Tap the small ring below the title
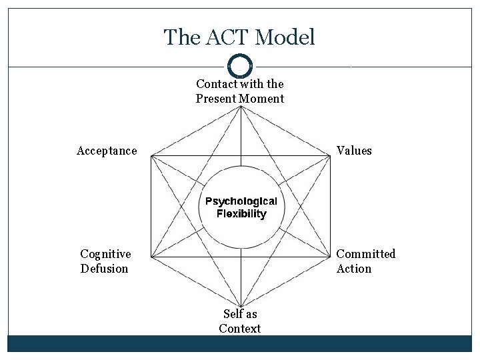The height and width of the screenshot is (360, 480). coord(240,66)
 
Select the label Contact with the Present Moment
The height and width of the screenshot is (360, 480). coord(240,91)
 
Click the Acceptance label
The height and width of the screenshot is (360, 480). coord(107,151)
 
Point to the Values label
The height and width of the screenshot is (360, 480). coord(354,151)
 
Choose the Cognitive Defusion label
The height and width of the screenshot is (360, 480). coord(105,261)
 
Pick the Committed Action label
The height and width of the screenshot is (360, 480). coord(365,261)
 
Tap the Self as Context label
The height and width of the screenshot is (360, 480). coord(240,321)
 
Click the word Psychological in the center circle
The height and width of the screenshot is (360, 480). coord(241,201)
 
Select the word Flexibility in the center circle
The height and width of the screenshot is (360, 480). coord(241,214)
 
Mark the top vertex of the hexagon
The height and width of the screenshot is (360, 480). coord(241,107)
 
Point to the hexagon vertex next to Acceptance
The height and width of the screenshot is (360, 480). coord(151,156)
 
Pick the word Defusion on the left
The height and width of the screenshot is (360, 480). coord(105,269)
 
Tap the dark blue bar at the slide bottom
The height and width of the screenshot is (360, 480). coord(240,343)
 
